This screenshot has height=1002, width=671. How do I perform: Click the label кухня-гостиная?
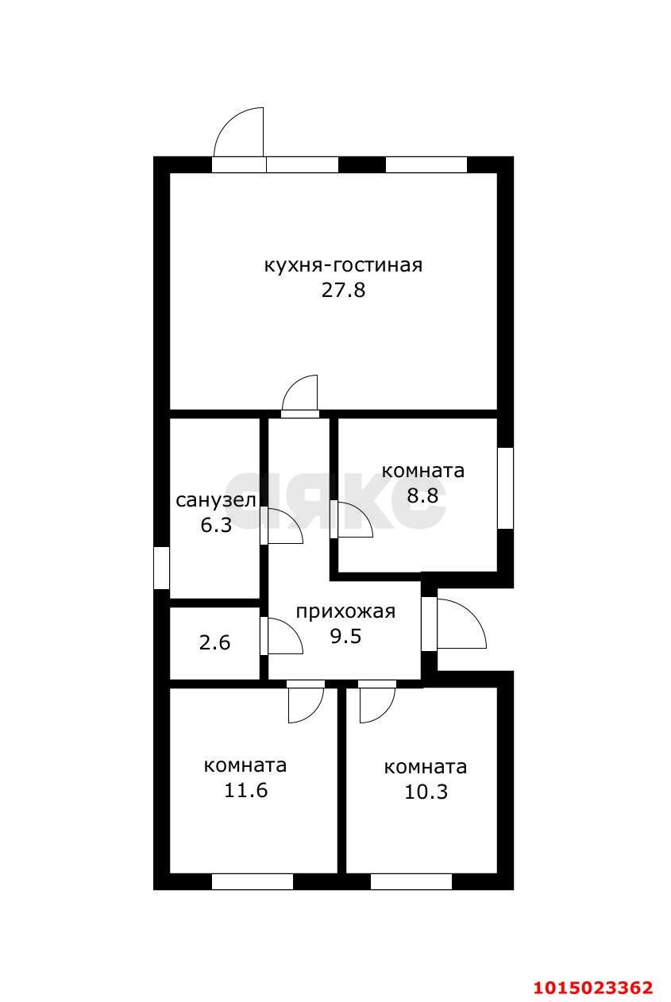point(342,265)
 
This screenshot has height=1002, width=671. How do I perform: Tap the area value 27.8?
point(342,290)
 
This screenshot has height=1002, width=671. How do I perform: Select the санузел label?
point(215,500)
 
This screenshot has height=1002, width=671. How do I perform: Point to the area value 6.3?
point(215,525)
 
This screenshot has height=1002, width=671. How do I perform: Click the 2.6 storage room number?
point(214,642)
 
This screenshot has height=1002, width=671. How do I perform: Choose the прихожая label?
point(345,611)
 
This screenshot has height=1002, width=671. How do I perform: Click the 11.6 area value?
point(245,791)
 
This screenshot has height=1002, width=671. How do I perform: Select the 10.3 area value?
point(426,792)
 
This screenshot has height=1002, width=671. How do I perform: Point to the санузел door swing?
point(284,527)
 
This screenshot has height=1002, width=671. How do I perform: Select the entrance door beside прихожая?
point(460,624)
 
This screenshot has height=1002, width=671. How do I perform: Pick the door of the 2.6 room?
point(284,637)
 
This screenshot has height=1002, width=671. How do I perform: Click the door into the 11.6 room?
point(305,703)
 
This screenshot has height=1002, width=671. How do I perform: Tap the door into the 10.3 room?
point(376,703)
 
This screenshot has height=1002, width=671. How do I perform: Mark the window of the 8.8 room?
point(505,488)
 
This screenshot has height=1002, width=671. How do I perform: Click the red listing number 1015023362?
point(592,987)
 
